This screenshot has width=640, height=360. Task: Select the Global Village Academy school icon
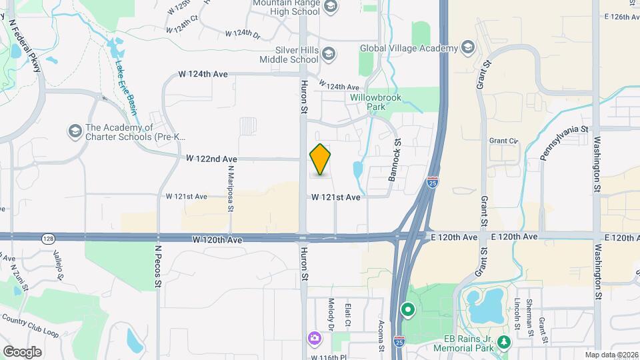(x=468, y=48)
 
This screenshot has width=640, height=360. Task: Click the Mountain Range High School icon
(x=329, y=7)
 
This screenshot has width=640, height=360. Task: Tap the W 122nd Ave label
(x=211, y=159)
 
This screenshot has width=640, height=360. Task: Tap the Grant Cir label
(x=503, y=141)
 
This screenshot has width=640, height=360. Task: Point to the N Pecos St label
(x=159, y=265)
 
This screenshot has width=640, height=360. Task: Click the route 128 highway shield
(x=47, y=238)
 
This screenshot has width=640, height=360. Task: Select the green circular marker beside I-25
(x=407, y=310)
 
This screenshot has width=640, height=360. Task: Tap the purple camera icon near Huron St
(x=313, y=339)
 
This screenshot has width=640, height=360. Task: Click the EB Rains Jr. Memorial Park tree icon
(x=505, y=343)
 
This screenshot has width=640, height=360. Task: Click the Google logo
(x=21, y=351)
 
